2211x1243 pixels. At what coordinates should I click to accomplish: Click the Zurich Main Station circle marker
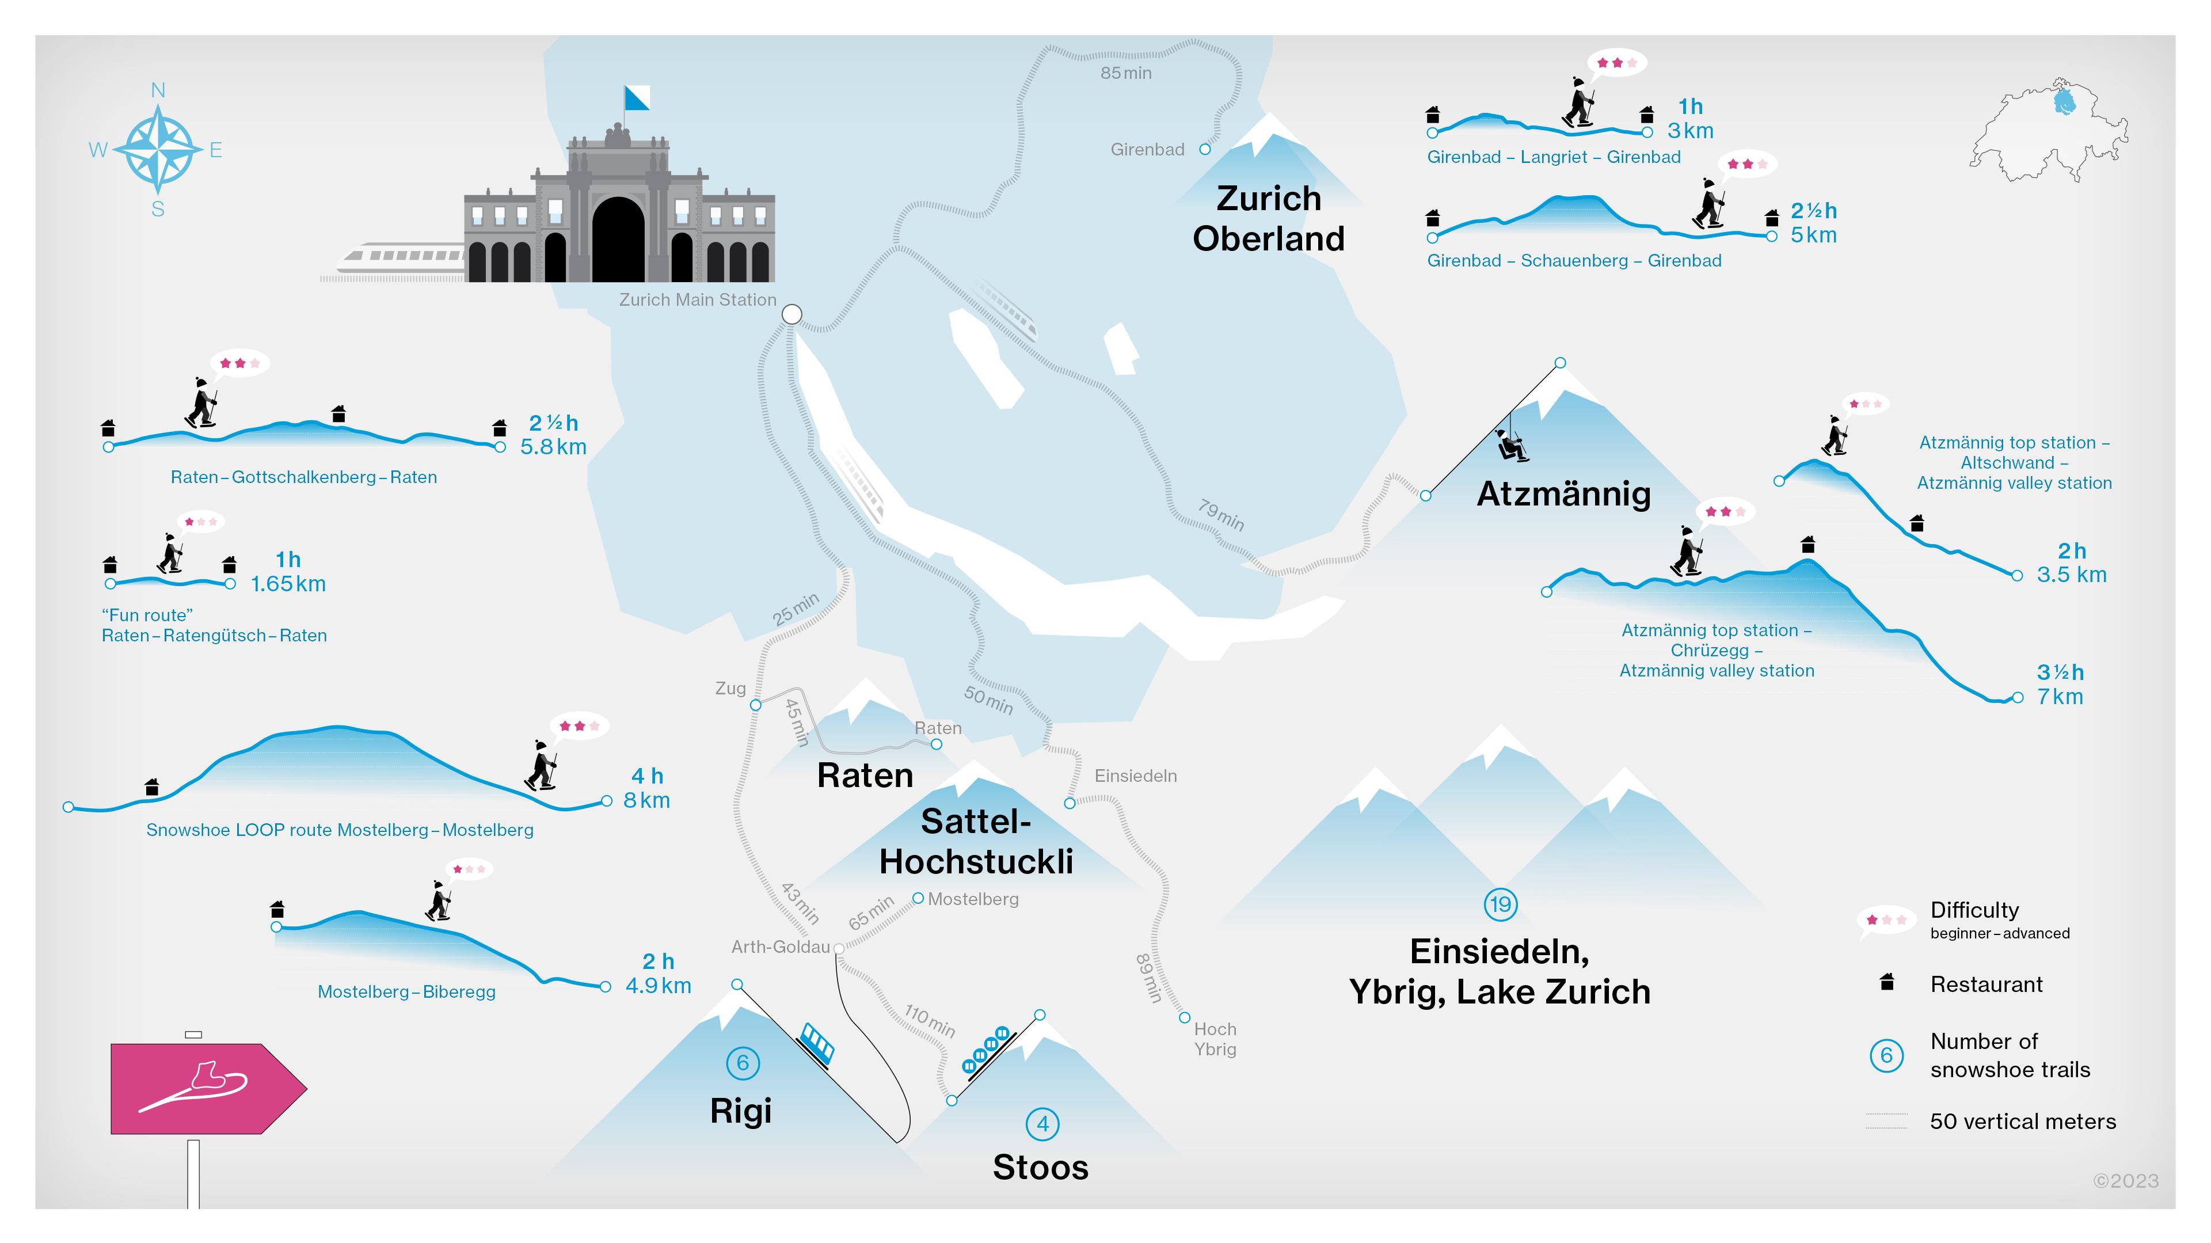[791, 314]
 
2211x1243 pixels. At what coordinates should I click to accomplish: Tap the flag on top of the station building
[636, 98]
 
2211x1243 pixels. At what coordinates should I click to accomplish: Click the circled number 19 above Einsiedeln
[1500, 904]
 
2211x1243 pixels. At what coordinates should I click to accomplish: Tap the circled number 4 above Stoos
[1042, 1124]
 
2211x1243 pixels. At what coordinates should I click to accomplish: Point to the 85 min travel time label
[1126, 74]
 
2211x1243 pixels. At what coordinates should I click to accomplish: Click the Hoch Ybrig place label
[1215, 1039]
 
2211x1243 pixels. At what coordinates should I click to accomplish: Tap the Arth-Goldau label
[780, 947]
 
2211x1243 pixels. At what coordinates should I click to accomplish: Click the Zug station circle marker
[755, 705]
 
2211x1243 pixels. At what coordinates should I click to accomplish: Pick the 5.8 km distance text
[554, 447]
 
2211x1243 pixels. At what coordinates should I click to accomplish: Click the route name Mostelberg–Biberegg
[406, 991]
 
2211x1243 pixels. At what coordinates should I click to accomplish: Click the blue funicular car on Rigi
[816, 1043]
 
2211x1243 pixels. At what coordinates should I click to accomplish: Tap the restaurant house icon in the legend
[1886, 982]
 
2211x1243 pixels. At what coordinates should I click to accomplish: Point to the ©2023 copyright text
[2125, 1181]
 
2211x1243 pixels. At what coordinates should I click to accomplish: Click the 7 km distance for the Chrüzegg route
[2060, 697]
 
